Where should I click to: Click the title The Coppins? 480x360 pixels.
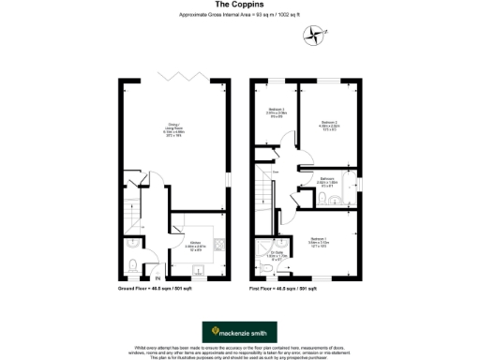239,6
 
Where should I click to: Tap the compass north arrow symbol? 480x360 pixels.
313,35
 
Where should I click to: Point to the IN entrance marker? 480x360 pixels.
158,278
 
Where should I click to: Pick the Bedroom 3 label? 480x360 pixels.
276,113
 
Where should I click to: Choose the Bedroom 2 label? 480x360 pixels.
328,125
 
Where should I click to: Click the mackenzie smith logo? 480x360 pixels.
239,331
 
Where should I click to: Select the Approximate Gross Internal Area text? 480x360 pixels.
239,16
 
